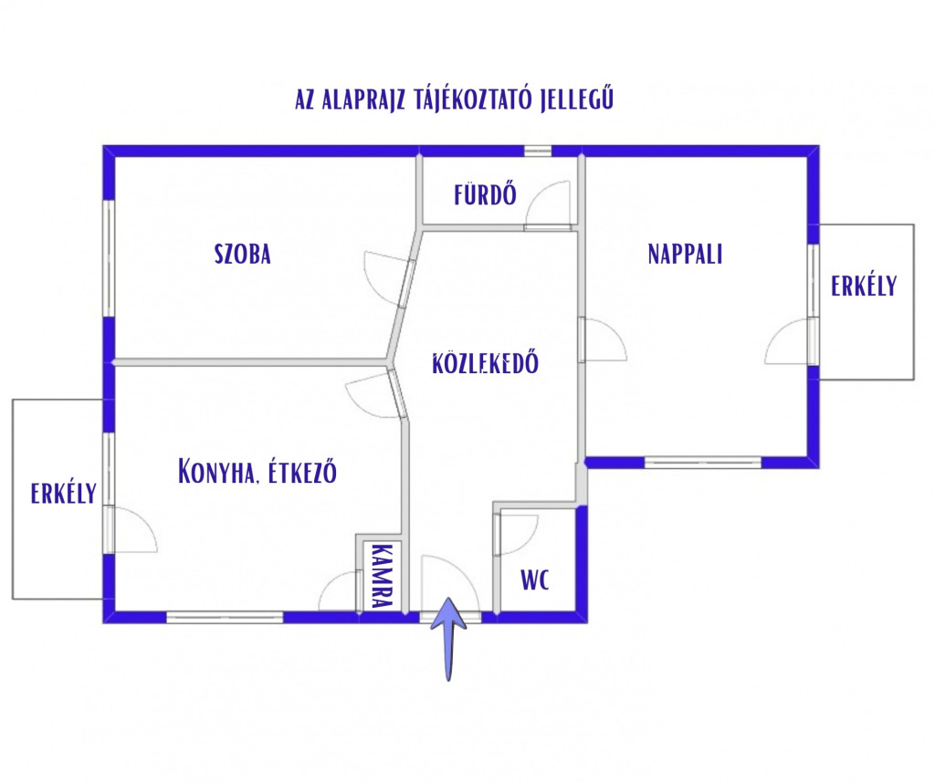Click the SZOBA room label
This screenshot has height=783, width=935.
243,254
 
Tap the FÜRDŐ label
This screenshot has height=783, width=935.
485,194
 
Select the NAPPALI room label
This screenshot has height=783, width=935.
685,254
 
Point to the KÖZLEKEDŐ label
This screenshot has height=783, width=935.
485,363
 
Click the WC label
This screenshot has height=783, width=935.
535,579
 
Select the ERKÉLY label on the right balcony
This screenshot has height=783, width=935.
864,286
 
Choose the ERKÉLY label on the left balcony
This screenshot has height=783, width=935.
64,493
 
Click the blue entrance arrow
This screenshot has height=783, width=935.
449,638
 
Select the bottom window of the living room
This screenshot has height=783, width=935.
704,462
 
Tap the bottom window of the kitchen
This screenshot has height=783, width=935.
225,617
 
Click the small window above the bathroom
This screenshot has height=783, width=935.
538,151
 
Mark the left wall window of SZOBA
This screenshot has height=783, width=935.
109,257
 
